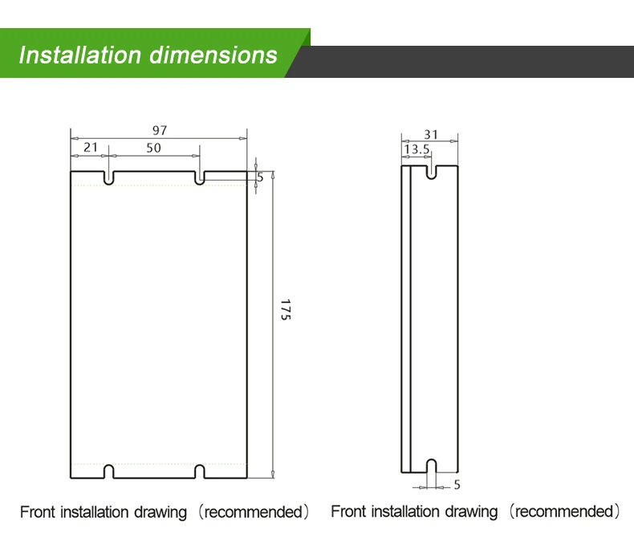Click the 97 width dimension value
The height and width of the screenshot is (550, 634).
click(160, 130)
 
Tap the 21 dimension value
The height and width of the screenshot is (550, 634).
click(91, 147)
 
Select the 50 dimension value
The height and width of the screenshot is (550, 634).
click(153, 148)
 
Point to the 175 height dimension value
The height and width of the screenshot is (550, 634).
click(286, 310)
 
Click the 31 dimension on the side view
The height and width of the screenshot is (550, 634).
click(431, 134)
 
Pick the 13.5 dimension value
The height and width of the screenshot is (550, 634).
click(417, 149)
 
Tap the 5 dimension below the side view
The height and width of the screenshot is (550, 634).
click(457, 484)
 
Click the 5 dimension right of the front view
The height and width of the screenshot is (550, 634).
click(260, 177)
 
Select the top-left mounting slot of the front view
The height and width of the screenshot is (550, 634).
click(109, 178)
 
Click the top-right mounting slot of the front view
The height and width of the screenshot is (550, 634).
click(200, 178)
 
